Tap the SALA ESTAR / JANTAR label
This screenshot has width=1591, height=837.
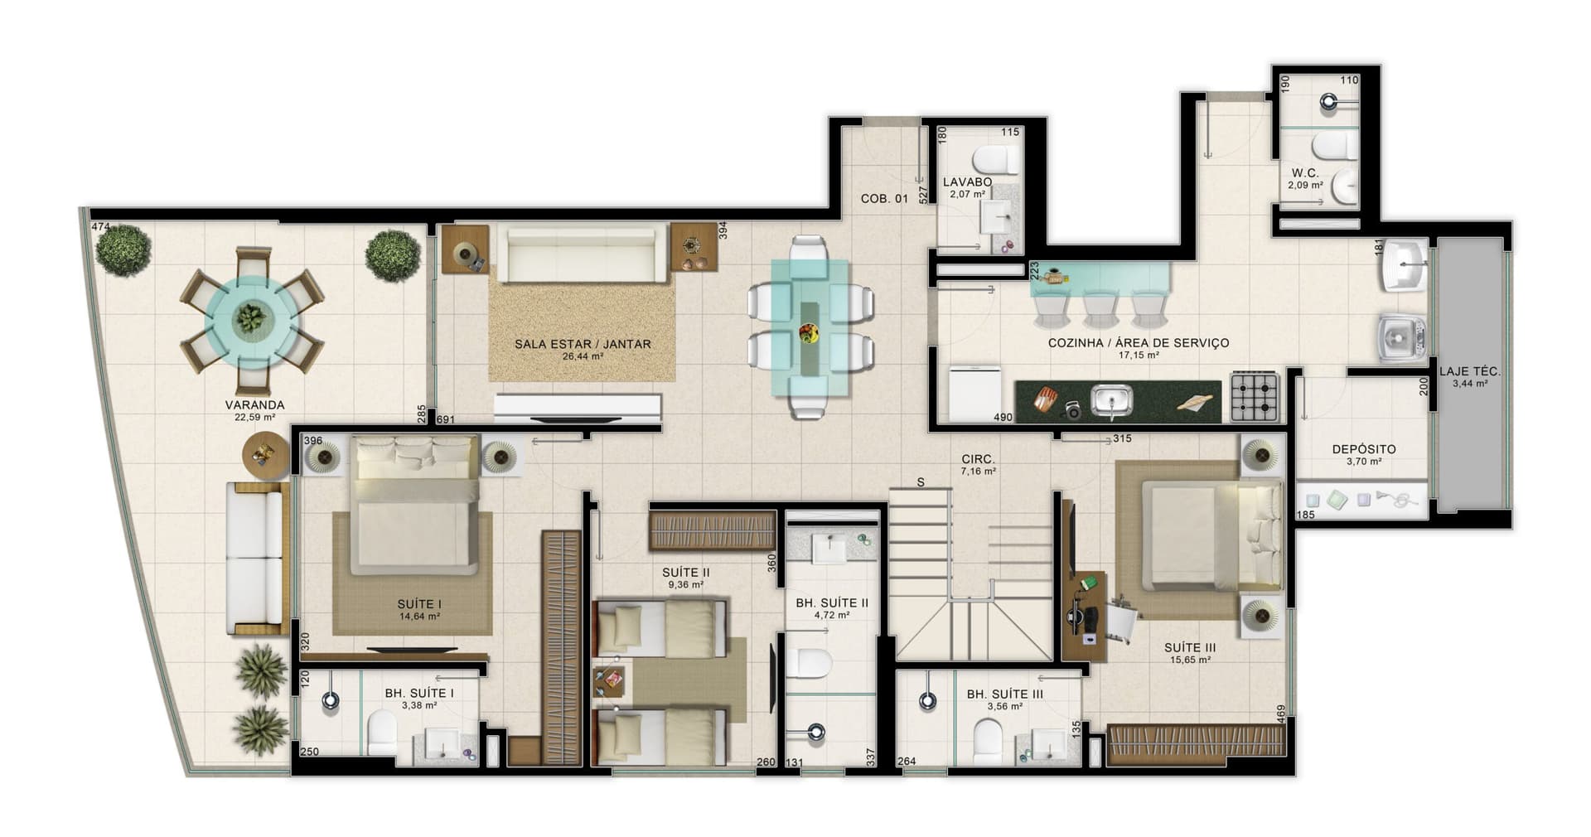pyautogui.click(x=583, y=344)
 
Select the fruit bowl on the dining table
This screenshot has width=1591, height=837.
pyautogui.click(x=808, y=334)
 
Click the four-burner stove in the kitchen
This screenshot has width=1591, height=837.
pyautogui.click(x=1255, y=396)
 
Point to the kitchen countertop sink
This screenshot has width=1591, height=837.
pyautogui.click(x=1110, y=401)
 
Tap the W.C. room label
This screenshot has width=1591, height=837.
pyautogui.click(x=1305, y=174)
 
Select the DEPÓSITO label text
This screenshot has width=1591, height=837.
pyautogui.click(x=1363, y=449)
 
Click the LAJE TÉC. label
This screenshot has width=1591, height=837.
pyautogui.click(x=1469, y=372)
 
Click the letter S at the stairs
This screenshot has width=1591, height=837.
pyautogui.click(x=921, y=482)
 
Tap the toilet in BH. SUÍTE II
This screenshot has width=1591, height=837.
pyautogui.click(x=809, y=663)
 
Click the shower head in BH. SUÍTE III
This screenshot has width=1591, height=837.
pyautogui.click(x=927, y=701)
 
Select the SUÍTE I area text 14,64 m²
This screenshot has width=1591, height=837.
pyautogui.click(x=419, y=617)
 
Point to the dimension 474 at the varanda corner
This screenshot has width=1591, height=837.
pyautogui.click(x=100, y=227)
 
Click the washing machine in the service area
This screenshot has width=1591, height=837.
pyautogui.click(x=1401, y=337)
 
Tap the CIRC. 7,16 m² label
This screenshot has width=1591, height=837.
pyautogui.click(x=978, y=464)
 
